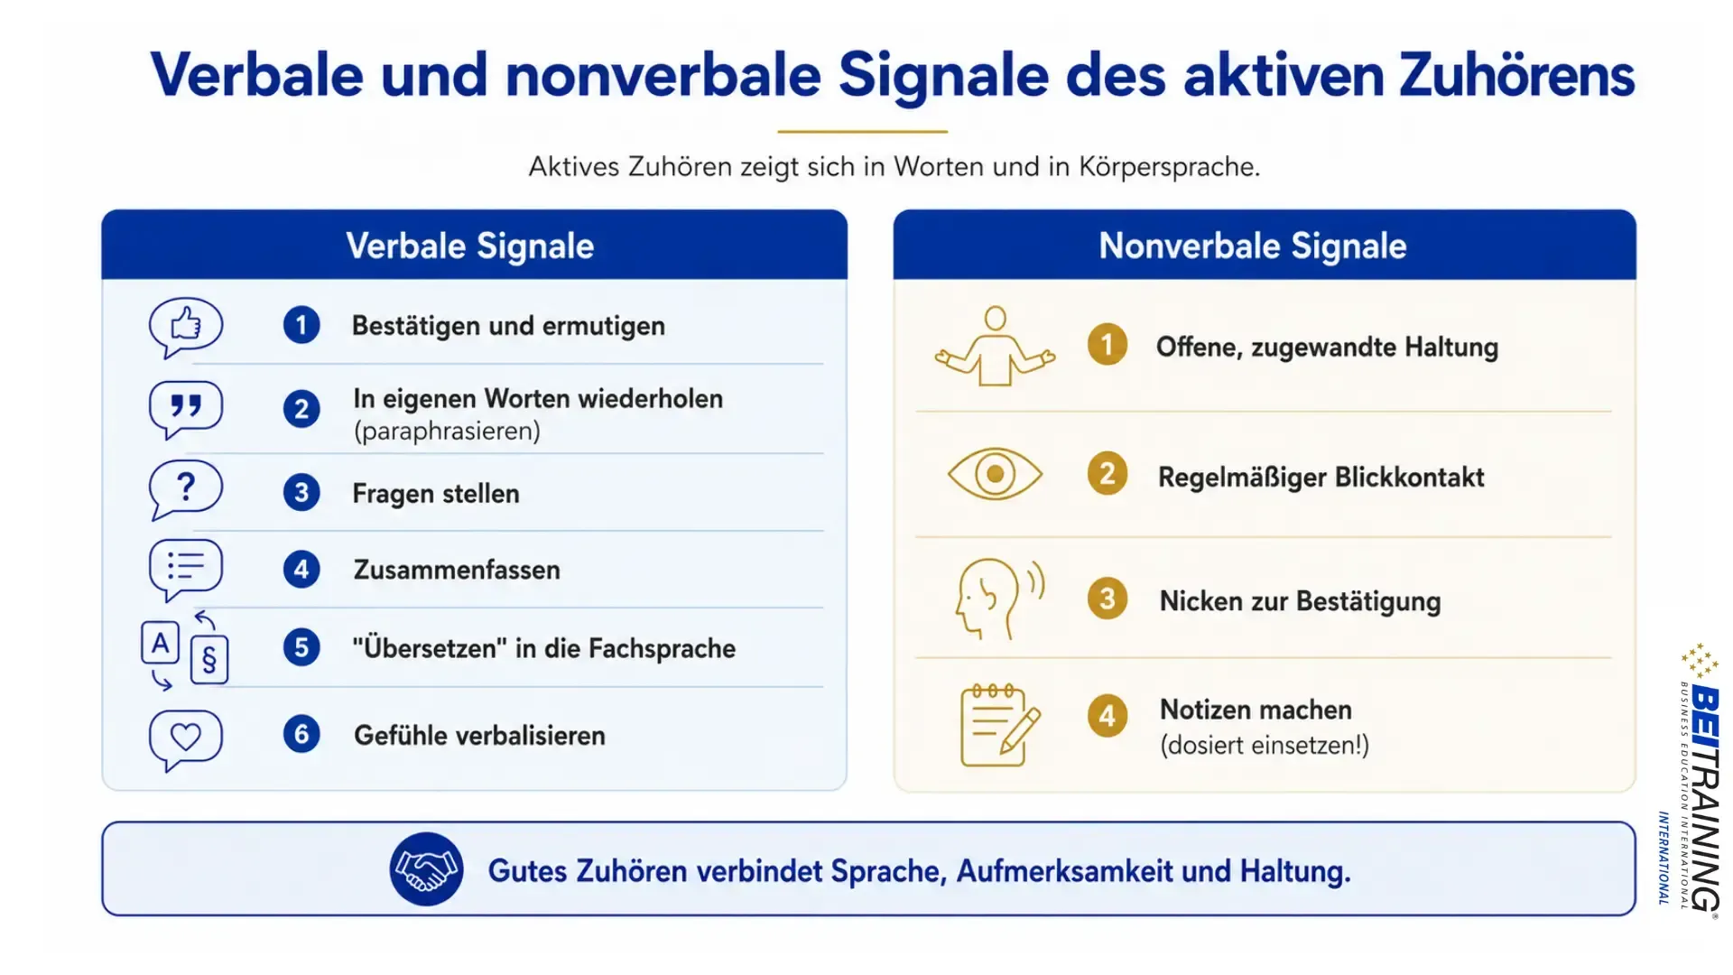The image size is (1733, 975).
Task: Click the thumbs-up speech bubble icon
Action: point(185,327)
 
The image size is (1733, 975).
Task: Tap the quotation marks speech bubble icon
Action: point(185,409)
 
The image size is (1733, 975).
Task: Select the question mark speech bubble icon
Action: point(185,489)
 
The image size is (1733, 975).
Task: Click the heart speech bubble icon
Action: point(185,739)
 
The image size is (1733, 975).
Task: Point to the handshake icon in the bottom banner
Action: point(426,869)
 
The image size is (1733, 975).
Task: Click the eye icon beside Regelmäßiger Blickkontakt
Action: point(995,474)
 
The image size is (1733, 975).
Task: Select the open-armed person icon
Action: point(995,347)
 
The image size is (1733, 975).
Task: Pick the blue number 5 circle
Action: point(301,647)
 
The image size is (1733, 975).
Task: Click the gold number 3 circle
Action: point(1107,599)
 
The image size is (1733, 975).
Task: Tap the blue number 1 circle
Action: point(301,325)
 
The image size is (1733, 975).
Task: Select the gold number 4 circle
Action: point(1107,717)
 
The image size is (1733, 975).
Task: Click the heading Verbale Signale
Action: point(470,246)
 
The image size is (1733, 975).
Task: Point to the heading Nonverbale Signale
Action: point(1253,246)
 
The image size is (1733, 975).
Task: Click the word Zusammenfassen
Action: point(457,570)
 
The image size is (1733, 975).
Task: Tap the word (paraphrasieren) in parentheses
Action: point(447,432)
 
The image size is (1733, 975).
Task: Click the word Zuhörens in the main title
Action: point(1517,75)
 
